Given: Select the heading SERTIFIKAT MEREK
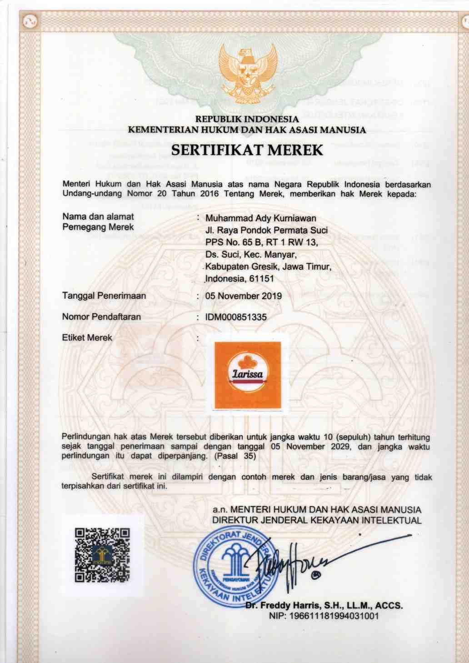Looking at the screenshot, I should pyautogui.click(x=247, y=150).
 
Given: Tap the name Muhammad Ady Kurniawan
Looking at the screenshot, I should pyautogui.click(x=260, y=219).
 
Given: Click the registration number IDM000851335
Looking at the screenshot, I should pyautogui.click(x=236, y=317).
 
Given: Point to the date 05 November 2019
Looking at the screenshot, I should pyautogui.click(x=243, y=296).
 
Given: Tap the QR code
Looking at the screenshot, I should pyautogui.click(x=102, y=555).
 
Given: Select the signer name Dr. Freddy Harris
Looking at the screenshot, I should pyautogui.click(x=324, y=606).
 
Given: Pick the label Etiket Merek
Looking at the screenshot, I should pyautogui.click(x=87, y=338).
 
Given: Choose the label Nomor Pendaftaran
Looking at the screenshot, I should pyautogui.click(x=101, y=317).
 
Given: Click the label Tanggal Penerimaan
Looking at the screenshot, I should pyautogui.click(x=104, y=296).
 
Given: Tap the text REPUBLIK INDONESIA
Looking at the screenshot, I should pyautogui.click(x=247, y=120).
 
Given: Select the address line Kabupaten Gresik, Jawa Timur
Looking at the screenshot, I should pyautogui.click(x=268, y=266).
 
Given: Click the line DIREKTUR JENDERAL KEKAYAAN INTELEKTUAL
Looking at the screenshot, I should pyautogui.click(x=317, y=520).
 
